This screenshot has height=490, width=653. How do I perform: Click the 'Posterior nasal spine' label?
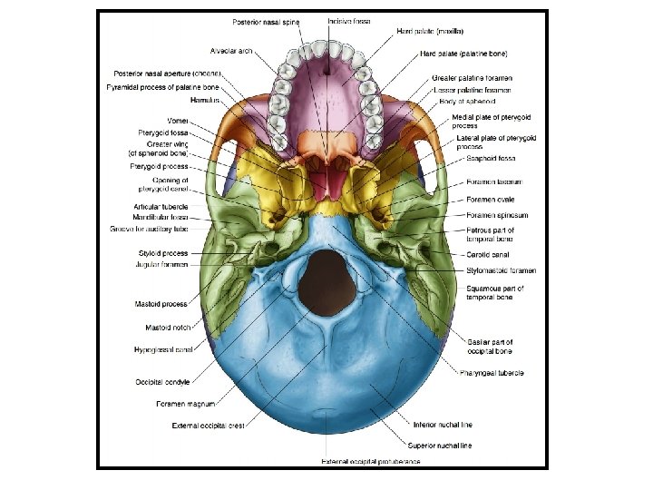267,21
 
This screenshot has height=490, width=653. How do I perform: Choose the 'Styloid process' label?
163,253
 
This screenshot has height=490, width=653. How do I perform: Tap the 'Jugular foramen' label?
161,264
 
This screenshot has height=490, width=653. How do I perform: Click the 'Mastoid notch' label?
166,327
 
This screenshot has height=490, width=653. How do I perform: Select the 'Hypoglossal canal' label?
163,348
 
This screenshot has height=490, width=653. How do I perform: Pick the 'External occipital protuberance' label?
371,462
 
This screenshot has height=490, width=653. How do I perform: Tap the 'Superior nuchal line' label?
439,446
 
